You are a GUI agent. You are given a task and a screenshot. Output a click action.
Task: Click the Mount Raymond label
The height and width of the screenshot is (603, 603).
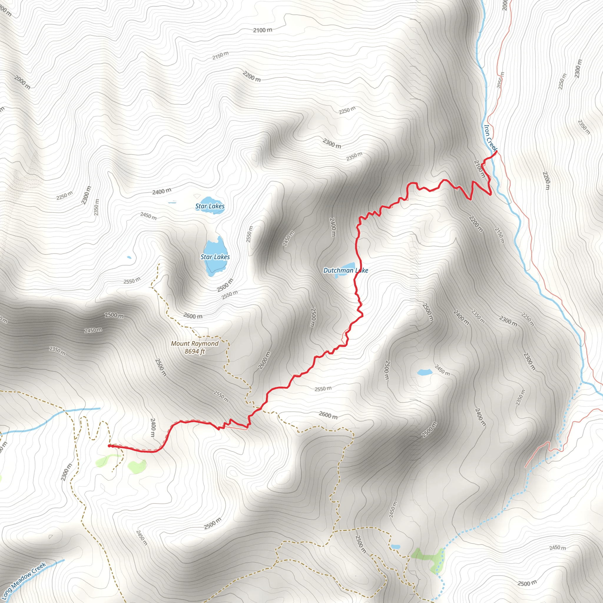tap(194, 344)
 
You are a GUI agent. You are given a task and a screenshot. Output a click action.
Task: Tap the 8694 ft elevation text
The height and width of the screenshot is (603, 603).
tap(194, 352)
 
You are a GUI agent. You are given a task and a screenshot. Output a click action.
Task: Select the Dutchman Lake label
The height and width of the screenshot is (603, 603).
tap(345, 270)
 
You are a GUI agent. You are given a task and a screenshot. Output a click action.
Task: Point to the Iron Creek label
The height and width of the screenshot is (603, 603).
tap(490, 137)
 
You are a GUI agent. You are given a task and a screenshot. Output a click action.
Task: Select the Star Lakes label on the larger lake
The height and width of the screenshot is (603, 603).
tap(215, 257)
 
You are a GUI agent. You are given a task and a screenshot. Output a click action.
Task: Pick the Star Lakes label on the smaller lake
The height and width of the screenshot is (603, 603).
tap(210, 206)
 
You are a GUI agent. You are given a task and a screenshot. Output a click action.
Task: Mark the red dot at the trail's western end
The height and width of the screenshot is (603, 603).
tap(109, 446)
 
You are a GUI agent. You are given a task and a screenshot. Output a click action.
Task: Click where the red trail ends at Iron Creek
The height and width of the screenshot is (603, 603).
tap(496, 152)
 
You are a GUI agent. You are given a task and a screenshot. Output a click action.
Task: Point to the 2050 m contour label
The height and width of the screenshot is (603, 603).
tap(500, 80)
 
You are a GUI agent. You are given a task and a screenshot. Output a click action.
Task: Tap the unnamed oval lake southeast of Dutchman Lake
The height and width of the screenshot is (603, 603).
tap(425, 372)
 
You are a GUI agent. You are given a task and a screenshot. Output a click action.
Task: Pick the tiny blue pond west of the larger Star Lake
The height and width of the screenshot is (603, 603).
tap(129, 258)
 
